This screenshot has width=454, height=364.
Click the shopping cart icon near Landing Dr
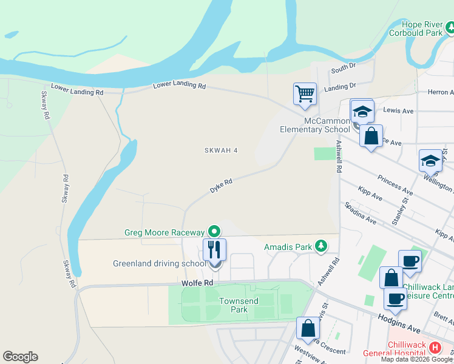pos(305,94)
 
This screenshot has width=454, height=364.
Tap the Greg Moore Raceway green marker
pos(214,231)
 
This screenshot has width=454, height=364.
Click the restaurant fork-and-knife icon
pos(214,249)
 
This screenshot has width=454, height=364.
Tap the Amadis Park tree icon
pos(321,246)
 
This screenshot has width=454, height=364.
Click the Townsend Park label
pos(239,305)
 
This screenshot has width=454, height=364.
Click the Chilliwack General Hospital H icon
pos(435,348)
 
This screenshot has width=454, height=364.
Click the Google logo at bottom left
pos(20,357)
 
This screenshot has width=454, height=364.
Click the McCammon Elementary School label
pos(314,125)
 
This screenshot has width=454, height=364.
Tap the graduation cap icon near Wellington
pos(430,161)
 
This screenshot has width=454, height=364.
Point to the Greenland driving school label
pos(159,264)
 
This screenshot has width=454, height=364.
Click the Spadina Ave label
pos(360,214)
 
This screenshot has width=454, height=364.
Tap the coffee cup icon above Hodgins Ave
pos(396,298)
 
